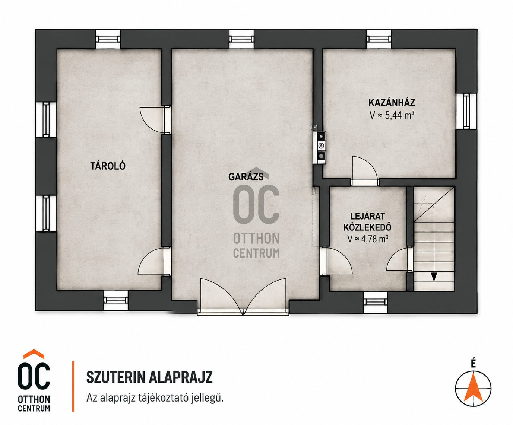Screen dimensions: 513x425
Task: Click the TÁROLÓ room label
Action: (x=108, y=166)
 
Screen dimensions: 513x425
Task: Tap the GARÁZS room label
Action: (x=246, y=177)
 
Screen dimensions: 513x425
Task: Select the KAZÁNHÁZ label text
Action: (x=392, y=103)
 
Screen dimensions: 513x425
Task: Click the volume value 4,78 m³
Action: (x=375, y=239)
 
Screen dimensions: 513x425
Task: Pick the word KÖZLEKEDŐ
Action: (x=367, y=227)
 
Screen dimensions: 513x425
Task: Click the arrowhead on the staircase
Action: (x=434, y=277)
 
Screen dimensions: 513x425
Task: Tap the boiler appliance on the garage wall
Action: (x=320, y=147)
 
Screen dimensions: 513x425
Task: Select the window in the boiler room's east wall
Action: (x=466, y=111)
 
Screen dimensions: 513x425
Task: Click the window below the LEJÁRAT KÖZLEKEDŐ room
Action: (x=376, y=302)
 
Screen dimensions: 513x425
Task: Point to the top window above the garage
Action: (x=241, y=39)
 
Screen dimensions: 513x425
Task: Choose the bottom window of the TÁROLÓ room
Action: (x=116, y=300)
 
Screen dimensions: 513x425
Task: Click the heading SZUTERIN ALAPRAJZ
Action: (x=149, y=377)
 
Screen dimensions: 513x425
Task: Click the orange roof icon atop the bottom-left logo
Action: (x=34, y=354)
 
